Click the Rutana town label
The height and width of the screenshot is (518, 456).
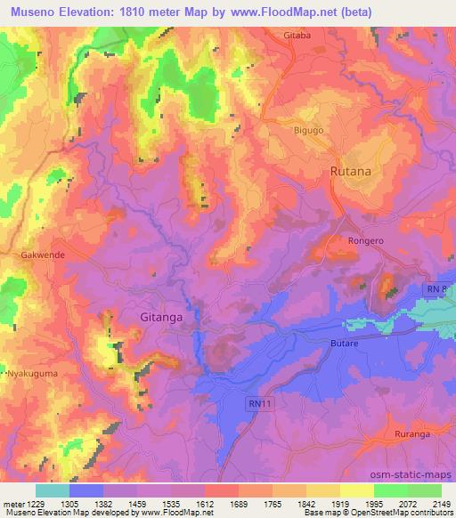pos(350,170)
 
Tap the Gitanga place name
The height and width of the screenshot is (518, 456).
pos(163,315)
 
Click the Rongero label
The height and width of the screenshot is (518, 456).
pos(364,240)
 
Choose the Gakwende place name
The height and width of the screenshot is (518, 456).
pos(37,254)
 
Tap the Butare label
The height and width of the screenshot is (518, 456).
pos(344,342)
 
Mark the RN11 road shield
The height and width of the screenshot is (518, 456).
pos(257,403)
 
